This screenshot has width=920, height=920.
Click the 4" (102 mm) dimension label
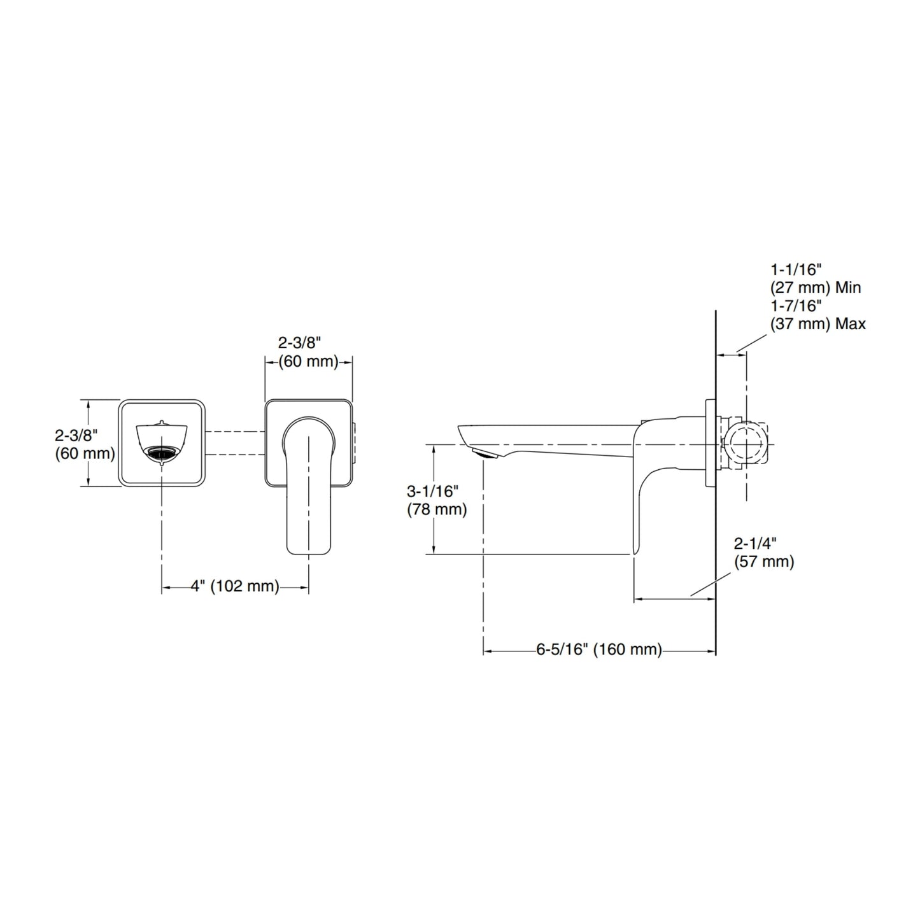tap(235, 586)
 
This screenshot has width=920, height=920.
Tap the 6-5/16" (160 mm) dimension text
tap(599, 650)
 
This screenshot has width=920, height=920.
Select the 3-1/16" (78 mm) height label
tap(436, 500)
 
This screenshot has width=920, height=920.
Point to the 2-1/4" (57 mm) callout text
tap(764, 553)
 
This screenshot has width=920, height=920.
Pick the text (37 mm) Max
tap(818, 323)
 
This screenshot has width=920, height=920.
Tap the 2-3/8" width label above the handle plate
tap(308, 352)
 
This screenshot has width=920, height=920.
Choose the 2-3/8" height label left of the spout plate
tap(85, 444)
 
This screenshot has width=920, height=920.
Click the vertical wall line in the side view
tap(716, 483)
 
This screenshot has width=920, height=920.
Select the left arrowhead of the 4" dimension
tap(166, 587)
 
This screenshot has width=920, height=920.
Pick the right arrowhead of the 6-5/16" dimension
tap(711, 651)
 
